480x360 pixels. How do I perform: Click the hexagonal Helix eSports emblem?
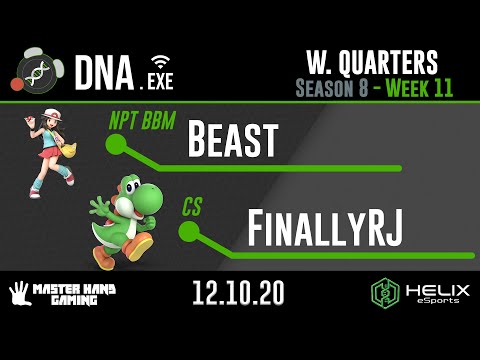pyautogui.click(x=385, y=293)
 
